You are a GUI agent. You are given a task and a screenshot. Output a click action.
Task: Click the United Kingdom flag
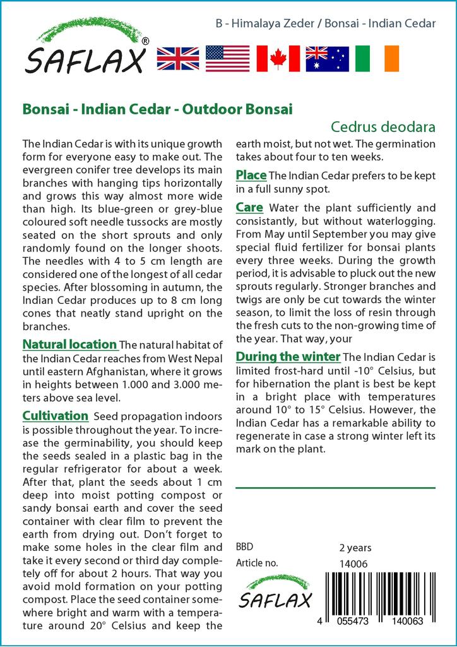click(x=177, y=58)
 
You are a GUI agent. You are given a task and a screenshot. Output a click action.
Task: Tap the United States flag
click(x=228, y=58)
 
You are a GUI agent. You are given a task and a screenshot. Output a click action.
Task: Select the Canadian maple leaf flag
click(x=278, y=58)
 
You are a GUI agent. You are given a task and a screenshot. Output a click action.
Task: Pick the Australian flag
click(x=327, y=58)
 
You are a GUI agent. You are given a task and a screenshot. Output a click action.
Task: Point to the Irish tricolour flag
click(x=377, y=58)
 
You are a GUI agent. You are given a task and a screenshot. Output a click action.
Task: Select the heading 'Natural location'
click(x=69, y=345)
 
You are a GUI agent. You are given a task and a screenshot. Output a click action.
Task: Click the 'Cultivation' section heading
click(x=55, y=416)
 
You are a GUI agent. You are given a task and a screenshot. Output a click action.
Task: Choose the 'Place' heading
click(x=251, y=175)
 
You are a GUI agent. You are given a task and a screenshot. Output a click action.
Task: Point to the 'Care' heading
click(x=249, y=207)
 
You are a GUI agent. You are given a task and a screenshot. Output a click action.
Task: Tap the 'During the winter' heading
click(x=288, y=356)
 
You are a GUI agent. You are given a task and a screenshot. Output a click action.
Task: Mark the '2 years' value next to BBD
click(x=355, y=548)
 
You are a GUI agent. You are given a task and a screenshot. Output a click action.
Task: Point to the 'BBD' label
click(x=245, y=548)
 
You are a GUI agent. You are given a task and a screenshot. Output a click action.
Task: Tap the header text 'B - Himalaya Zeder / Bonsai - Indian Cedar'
click(x=325, y=24)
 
